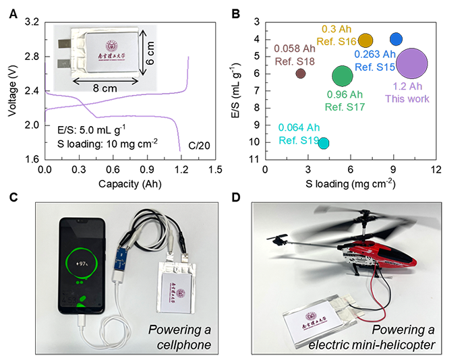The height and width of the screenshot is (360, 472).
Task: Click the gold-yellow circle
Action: click(367, 39)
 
